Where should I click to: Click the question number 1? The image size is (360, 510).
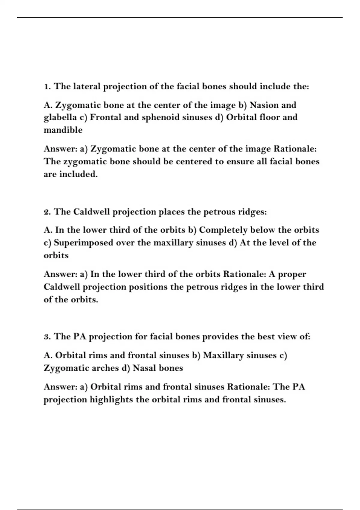(46, 87)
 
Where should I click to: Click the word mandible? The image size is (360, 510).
(63, 130)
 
